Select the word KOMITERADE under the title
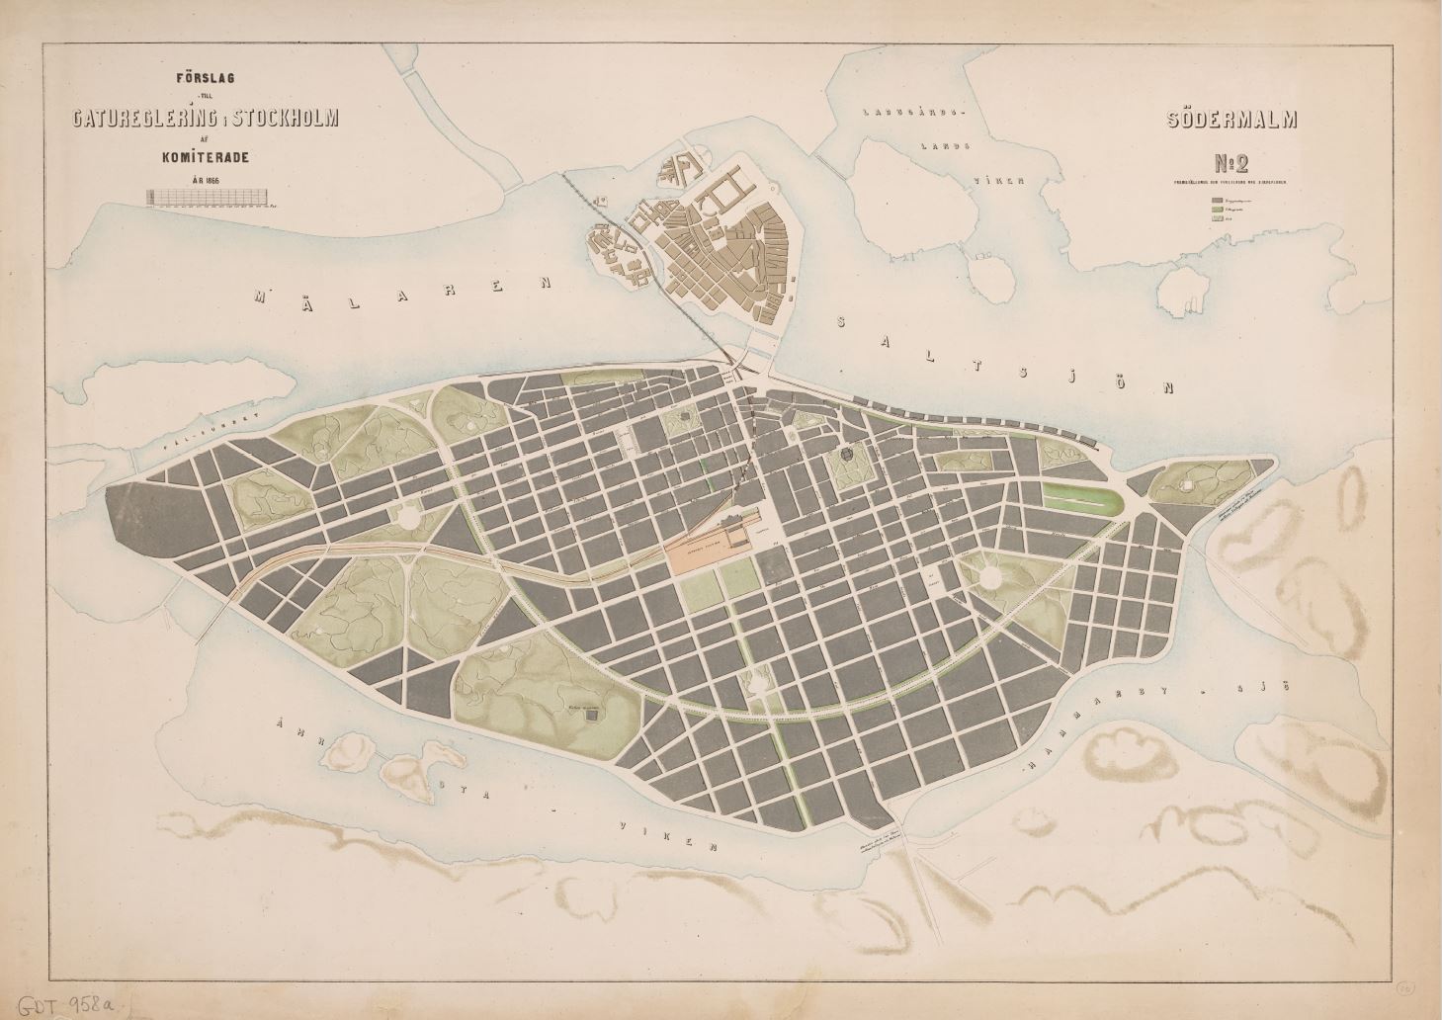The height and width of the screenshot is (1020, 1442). [x=207, y=155]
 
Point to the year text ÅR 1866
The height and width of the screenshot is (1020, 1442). [x=206, y=179]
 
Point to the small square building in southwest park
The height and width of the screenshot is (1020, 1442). [x=591, y=720]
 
